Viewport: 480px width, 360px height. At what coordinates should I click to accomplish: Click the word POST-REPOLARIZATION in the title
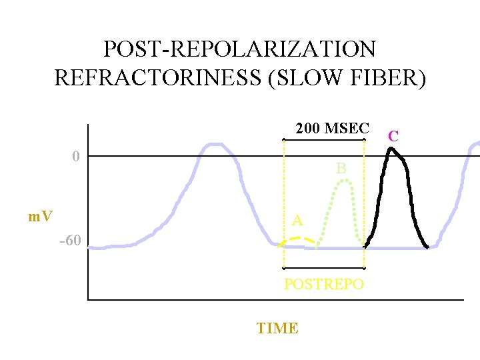pyautogui.click(x=239, y=49)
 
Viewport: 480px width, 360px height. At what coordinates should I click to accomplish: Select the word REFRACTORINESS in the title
pyautogui.click(x=142, y=78)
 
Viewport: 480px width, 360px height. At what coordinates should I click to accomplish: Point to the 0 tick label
pyautogui.click(x=76, y=157)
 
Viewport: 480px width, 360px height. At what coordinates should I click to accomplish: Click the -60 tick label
pyautogui.click(x=70, y=241)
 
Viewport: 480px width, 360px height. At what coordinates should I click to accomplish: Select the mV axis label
pyautogui.click(x=41, y=217)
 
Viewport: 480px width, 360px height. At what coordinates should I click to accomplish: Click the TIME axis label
pyautogui.click(x=277, y=328)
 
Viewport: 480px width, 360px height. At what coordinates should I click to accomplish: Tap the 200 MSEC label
pyautogui.click(x=331, y=129)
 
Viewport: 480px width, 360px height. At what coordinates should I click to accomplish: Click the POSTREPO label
pyautogui.click(x=324, y=284)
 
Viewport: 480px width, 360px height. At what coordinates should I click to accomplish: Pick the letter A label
pyautogui.click(x=297, y=221)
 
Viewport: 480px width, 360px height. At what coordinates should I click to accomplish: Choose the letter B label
pyautogui.click(x=341, y=169)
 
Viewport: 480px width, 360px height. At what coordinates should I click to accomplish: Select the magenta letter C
pyautogui.click(x=393, y=136)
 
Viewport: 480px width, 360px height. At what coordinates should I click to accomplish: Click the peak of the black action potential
pyautogui.click(x=391, y=149)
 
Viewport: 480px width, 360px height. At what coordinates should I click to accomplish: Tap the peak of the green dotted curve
pyautogui.click(x=342, y=181)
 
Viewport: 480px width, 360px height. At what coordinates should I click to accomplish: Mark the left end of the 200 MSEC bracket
pyautogui.click(x=284, y=139)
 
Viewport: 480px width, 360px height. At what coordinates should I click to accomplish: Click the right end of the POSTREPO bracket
pyautogui.click(x=364, y=268)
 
